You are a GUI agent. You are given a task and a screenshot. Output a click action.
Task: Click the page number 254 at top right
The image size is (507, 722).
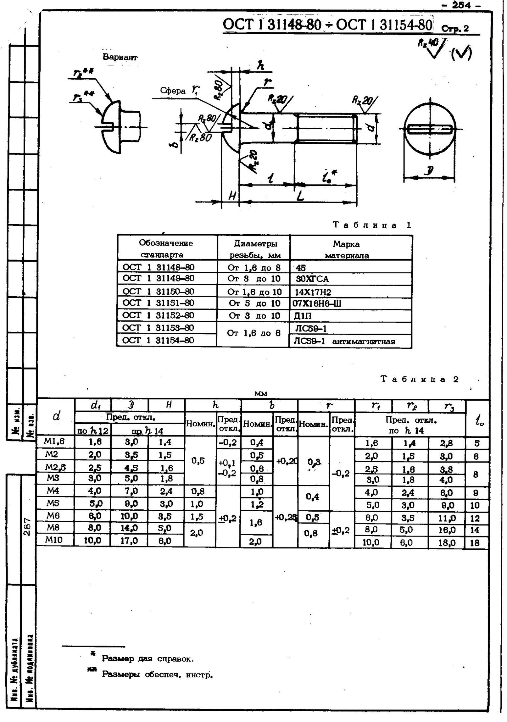click(466, 5)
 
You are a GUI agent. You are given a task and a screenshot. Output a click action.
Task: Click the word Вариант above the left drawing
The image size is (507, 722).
click(120, 57)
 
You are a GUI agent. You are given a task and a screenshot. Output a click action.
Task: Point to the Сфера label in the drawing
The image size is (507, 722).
click(173, 91)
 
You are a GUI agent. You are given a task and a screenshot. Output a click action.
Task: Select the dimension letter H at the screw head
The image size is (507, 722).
click(232, 196)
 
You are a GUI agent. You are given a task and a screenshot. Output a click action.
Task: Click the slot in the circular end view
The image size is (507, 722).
click(430, 129)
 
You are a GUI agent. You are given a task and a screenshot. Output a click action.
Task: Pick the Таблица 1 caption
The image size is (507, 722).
click(372, 225)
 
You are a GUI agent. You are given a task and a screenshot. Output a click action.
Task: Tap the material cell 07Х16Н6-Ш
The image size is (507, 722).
click(317, 304)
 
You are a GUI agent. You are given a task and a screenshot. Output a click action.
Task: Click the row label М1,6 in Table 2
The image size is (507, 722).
click(55, 442)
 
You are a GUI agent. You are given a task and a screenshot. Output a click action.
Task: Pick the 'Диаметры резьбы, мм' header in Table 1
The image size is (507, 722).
click(254, 249)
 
